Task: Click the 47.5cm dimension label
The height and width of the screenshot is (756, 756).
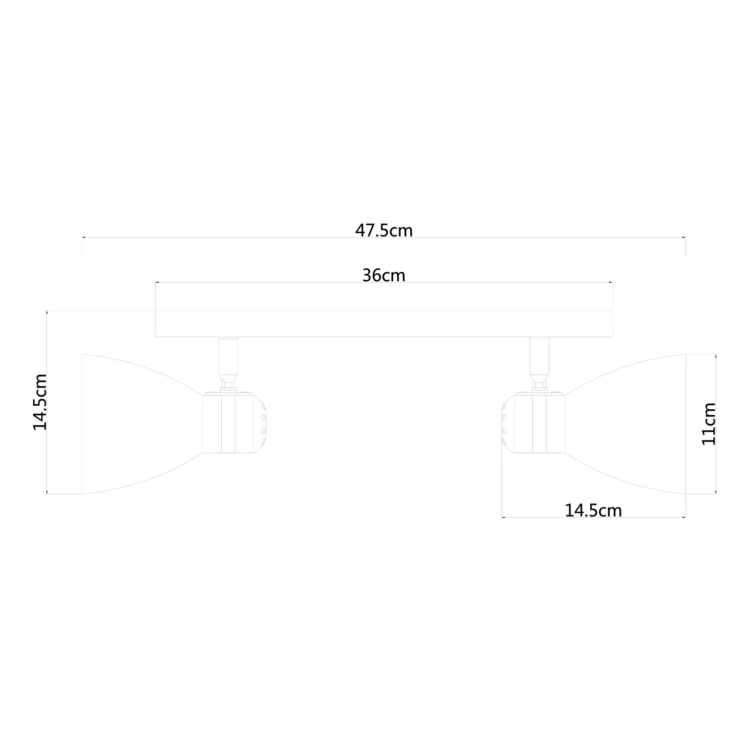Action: (x=384, y=230)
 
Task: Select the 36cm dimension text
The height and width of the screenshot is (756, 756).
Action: (x=384, y=275)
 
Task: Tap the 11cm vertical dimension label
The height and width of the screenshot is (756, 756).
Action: (x=709, y=423)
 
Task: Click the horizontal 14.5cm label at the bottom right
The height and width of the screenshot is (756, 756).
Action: (x=593, y=511)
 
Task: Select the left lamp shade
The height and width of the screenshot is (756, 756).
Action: (x=141, y=424)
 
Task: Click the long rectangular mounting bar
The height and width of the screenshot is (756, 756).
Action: (x=384, y=309)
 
